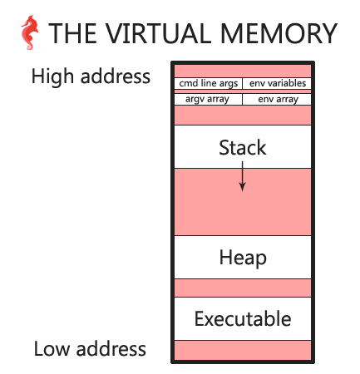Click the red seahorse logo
(29, 32)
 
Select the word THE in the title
(73, 33)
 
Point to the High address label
(91, 76)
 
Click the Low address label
(90, 348)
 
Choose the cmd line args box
(209, 83)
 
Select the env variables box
(277, 83)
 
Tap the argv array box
(209, 99)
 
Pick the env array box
(277, 99)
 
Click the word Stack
(243, 148)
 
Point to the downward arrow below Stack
(243, 176)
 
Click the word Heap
(243, 258)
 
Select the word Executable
(243, 319)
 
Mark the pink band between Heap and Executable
(243, 288)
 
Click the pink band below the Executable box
(243, 350)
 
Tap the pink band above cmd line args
(243, 71)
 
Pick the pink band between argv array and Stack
(243, 115)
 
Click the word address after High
(116, 76)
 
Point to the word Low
(52, 348)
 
